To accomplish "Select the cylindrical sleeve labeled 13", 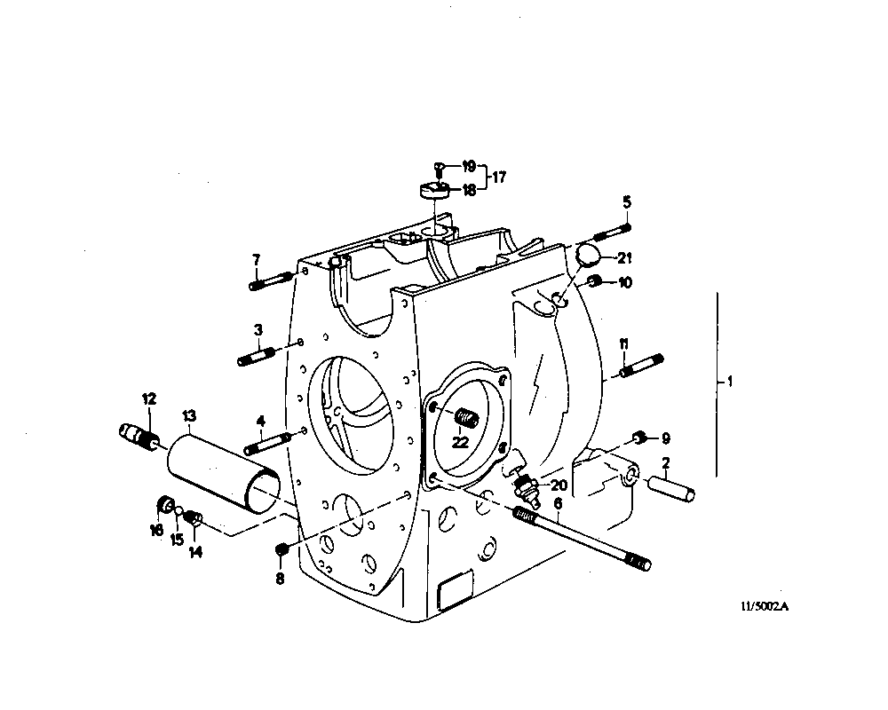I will [x=224, y=470].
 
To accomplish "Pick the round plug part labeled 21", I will [x=585, y=255].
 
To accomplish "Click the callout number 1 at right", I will [x=729, y=383].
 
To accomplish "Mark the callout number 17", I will [x=499, y=177].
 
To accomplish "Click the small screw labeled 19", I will [x=440, y=167].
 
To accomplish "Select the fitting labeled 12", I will [x=138, y=436].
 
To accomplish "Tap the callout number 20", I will [x=558, y=485].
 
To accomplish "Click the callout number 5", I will [x=626, y=202].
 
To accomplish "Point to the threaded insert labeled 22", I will [x=465, y=417].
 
